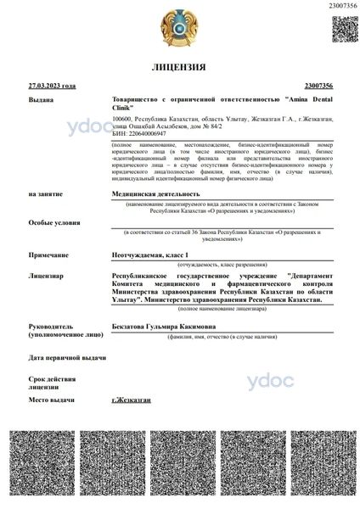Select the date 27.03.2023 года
pos(53,86)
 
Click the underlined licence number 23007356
pos(317,86)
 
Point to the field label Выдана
pos(41,100)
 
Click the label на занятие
pos(45,194)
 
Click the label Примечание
pos(48,255)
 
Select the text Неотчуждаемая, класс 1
pos(148,255)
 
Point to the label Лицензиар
pos(46,276)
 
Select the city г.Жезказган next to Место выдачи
pos(132,399)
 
